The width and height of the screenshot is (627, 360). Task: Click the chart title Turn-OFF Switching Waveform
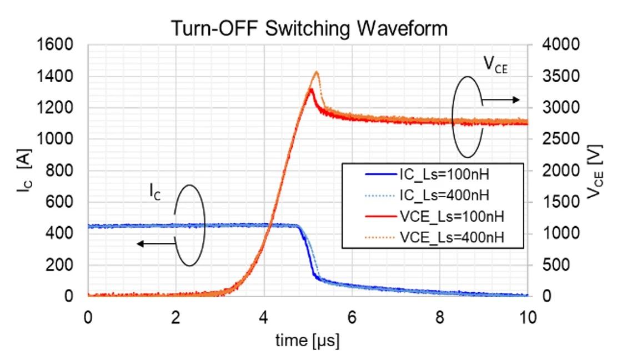pos(308,28)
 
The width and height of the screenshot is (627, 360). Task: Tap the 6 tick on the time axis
pos(352,317)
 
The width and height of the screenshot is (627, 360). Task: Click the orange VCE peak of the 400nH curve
pos(317,72)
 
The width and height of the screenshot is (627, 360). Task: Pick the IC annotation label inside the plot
pos(155,193)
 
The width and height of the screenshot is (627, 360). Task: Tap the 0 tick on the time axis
pos(88,317)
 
